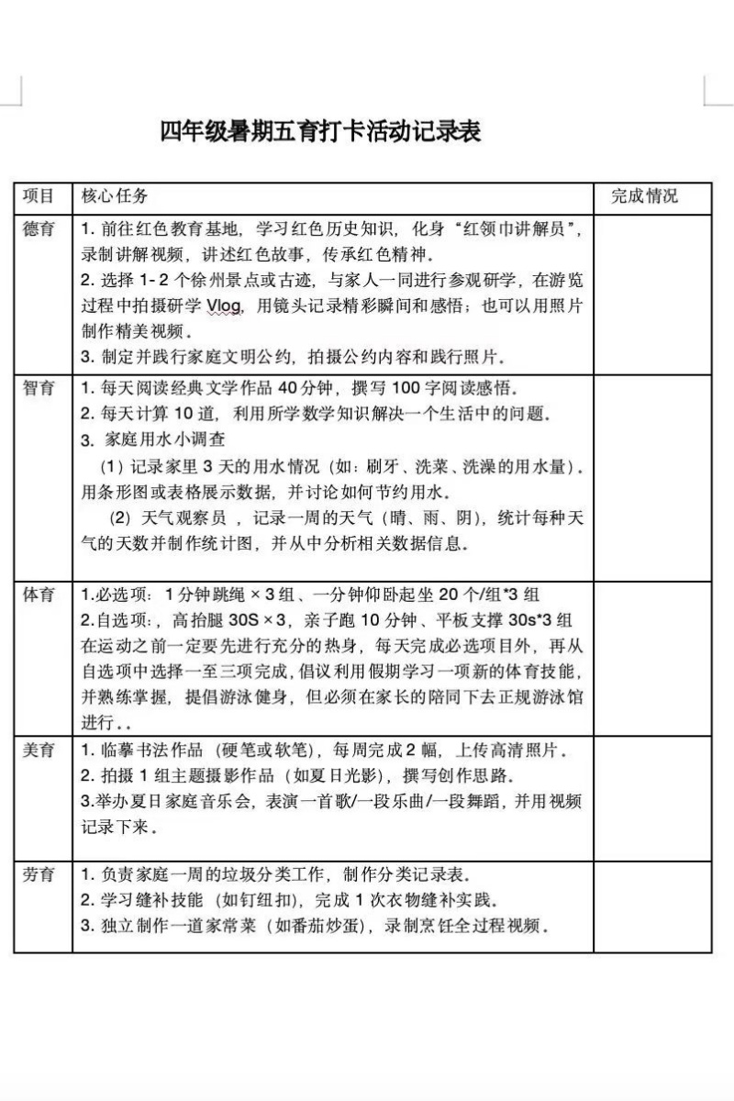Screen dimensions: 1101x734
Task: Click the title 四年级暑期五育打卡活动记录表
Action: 321,132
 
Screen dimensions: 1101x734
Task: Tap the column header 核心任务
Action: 115,196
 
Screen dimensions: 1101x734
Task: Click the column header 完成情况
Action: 645,196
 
